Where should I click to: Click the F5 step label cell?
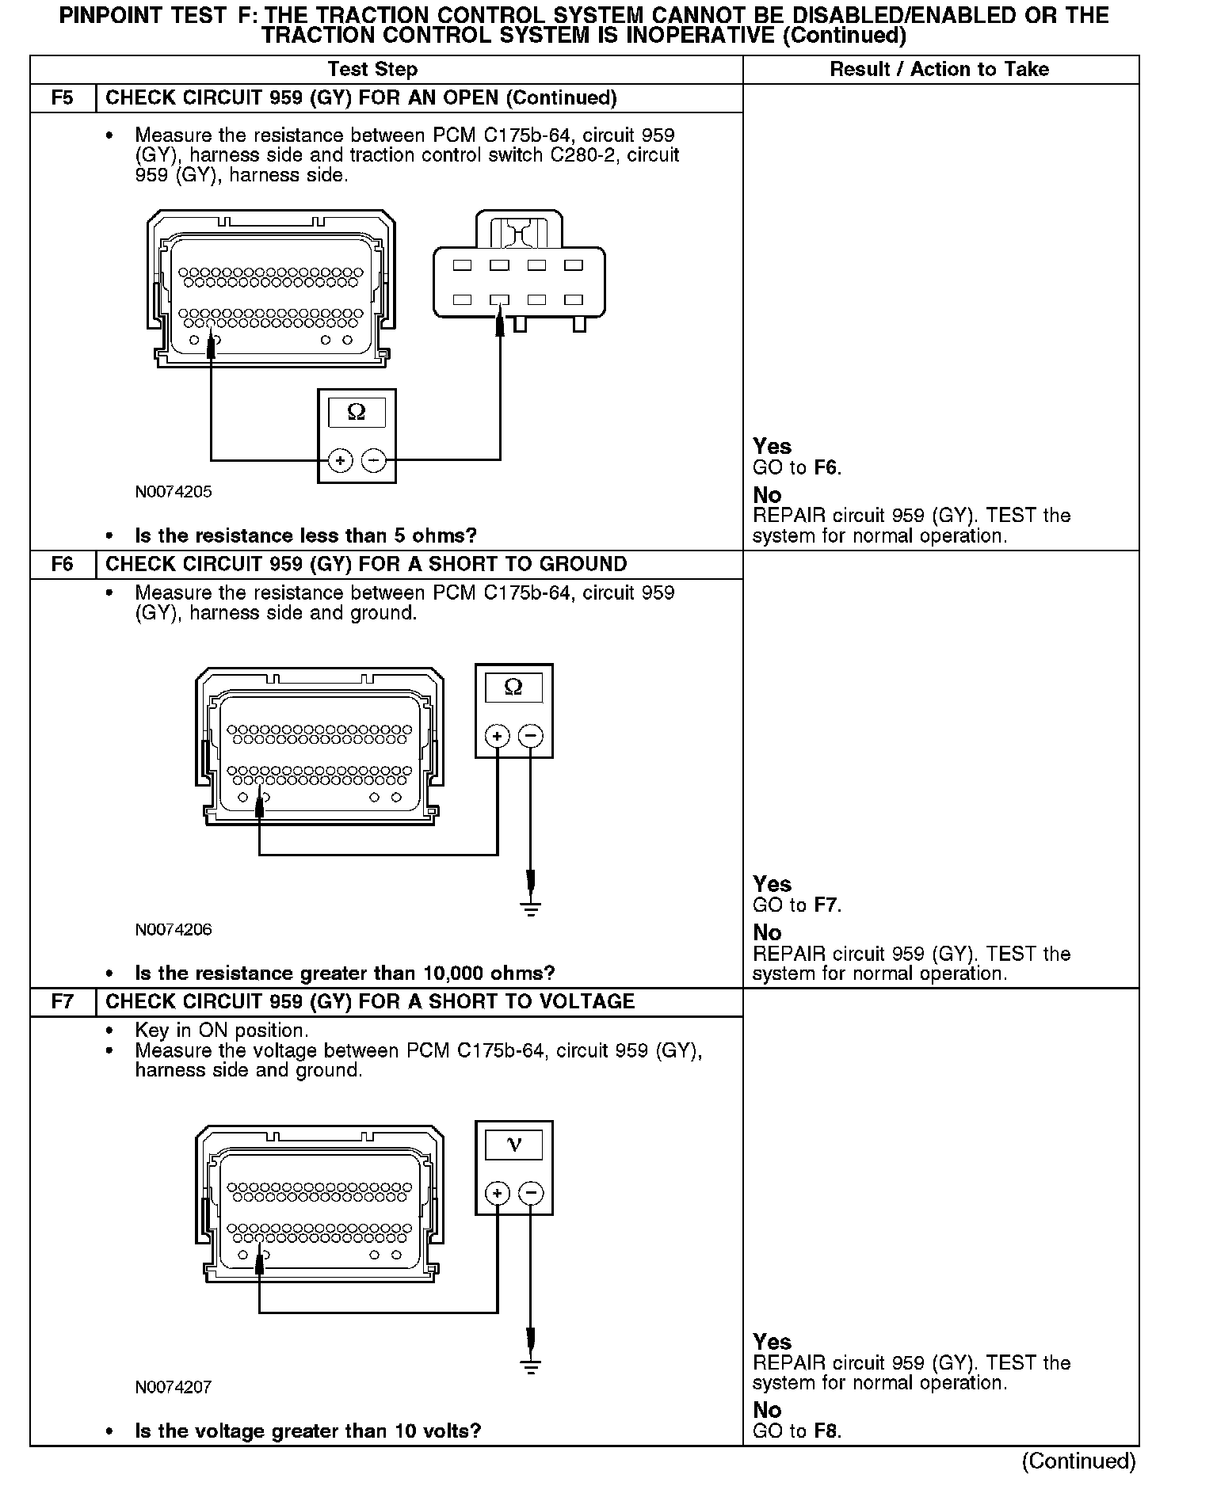pyautogui.click(x=63, y=98)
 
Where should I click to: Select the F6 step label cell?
pyautogui.click(x=63, y=565)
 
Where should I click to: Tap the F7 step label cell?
pyautogui.click(x=63, y=1002)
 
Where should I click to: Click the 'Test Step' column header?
pyautogui.click(x=372, y=70)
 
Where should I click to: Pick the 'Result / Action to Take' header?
pyautogui.click(x=939, y=70)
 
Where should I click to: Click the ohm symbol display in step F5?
pyautogui.click(x=357, y=413)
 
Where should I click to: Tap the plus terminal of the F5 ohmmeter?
pyautogui.click(x=340, y=460)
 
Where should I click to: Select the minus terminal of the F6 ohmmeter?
pyautogui.click(x=531, y=736)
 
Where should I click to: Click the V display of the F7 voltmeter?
pyautogui.click(x=513, y=1145)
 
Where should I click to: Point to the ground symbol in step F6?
pyautogui.click(x=531, y=907)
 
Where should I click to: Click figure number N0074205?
pyautogui.click(x=174, y=492)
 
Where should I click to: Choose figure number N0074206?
pyautogui.click(x=174, y=930)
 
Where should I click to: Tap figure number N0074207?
pyautogui.click(x=174, y=1387)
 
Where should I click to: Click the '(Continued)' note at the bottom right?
pyautogui.click(x=1078, y=1461)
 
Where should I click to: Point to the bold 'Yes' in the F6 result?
pyautogui.click(x=772, y=884)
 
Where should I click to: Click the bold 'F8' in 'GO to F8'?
pyautogui.click(x=826, y=1431)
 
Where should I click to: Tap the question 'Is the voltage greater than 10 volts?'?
pyautogui.click(x=307, y=1431)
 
